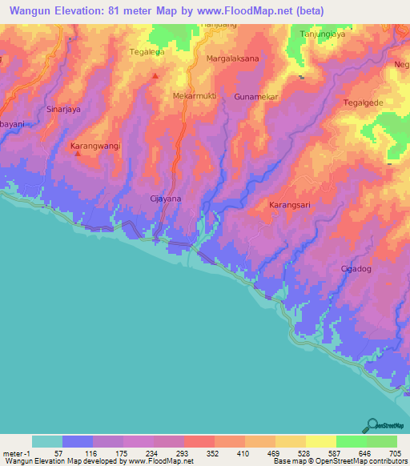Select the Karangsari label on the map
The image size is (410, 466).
pos(288,204)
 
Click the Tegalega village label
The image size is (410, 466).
pos(147,52)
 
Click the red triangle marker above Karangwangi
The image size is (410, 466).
pos(78,155)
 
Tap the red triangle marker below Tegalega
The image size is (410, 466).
pos(155,77)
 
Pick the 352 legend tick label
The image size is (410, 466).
pos(214,453)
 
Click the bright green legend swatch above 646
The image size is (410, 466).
pos(351,441)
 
